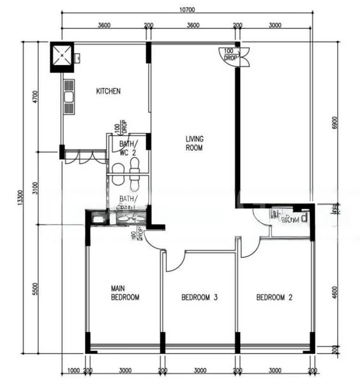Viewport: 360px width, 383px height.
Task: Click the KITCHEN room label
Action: click(108, 91)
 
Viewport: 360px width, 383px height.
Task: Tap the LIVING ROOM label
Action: click(194, 143)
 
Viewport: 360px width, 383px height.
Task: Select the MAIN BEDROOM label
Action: click(124, 293)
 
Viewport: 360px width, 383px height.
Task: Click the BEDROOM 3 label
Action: click(200, 297)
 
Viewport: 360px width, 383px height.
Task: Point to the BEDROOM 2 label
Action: click(274, 297)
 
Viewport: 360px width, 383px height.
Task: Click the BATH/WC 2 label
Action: click(128, 149)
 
